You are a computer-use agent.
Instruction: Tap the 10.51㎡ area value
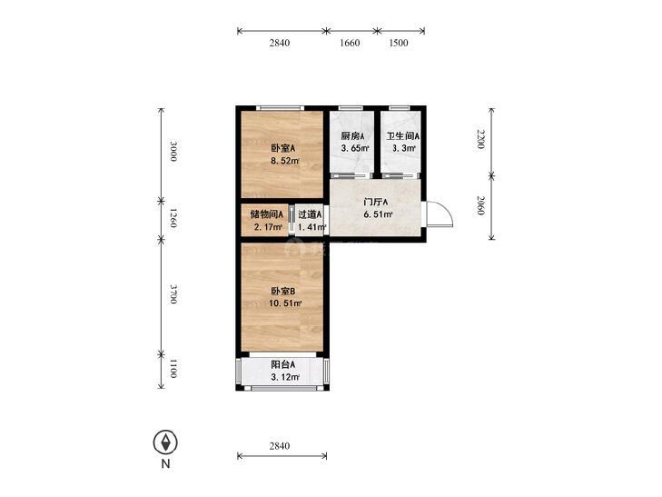[285, 303]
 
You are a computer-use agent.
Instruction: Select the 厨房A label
[352, 136]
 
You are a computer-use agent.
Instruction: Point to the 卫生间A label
[403, 136]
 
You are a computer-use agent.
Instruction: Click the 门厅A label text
[376, 203]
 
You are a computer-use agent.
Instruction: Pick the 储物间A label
[266, 214]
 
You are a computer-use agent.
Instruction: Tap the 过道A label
[310, 214]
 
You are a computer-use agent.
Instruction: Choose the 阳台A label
[282, 364]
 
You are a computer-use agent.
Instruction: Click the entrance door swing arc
[448, 211]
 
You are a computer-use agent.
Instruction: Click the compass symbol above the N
[165, 442]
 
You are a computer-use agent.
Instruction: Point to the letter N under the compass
[165, 463]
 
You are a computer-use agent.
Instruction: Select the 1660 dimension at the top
[350, 43]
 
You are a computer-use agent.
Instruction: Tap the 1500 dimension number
[398, 43]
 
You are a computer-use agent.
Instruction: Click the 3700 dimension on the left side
[173, 293]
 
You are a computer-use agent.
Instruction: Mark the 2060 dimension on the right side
[480, 205]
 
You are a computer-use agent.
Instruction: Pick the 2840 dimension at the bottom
[280, 446]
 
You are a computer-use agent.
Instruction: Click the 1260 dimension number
[173, 218]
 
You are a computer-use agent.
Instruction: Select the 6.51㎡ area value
[379, 214]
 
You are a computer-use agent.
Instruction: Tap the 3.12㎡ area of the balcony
[285, 377]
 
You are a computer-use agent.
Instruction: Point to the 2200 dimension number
[480, 139]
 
